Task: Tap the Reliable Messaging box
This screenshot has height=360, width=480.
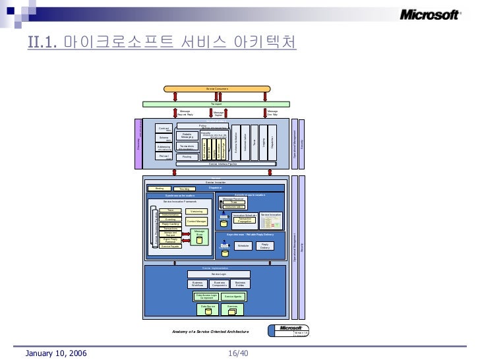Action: point(187,135)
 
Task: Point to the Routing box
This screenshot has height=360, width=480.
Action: point(187,157)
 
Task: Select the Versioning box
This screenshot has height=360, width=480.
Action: point(196,211)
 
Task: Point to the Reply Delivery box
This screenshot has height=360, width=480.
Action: point(265,245)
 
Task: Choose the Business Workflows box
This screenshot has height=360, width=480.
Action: point(198,284)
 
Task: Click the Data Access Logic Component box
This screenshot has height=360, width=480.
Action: point(205,297)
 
